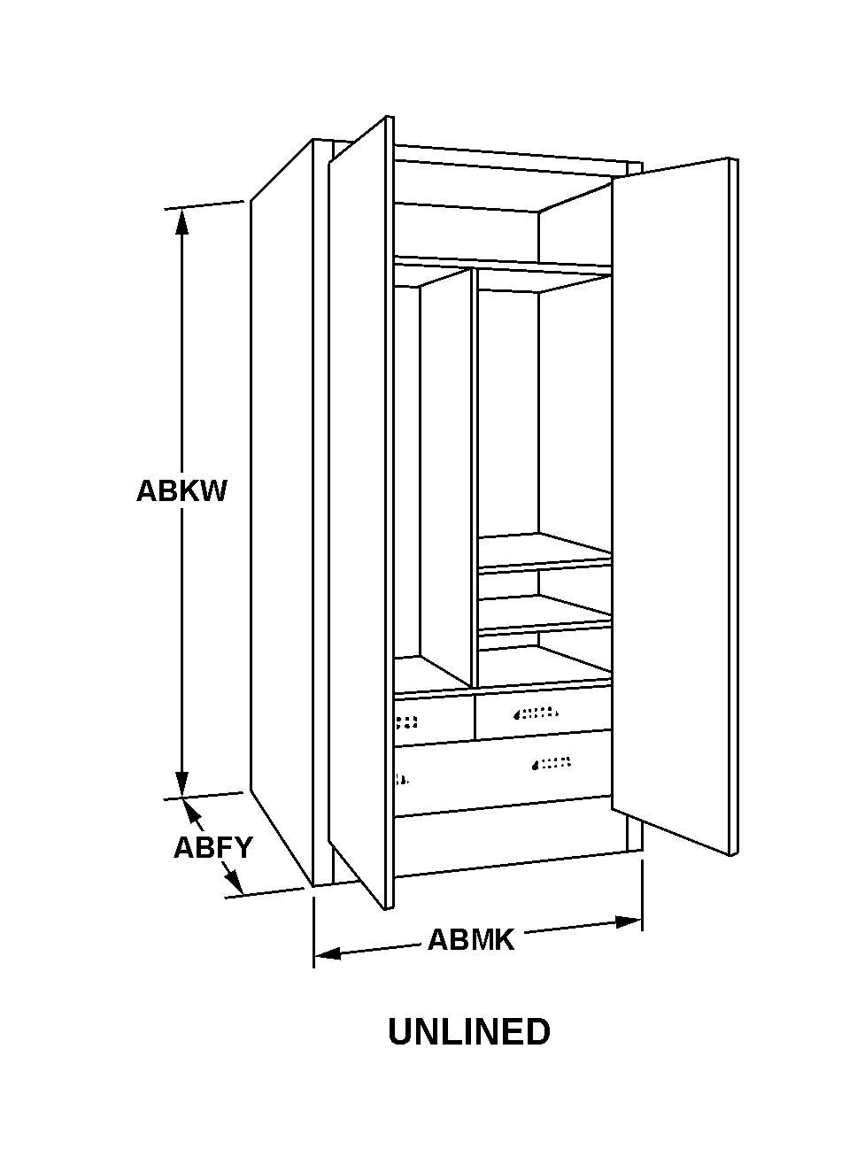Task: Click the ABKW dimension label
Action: pos(181,491)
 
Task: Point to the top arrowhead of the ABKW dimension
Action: pos(181,222)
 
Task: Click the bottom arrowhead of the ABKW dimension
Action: pos(181,784)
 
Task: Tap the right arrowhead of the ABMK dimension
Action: pos(629,922)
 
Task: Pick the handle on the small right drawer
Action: pos(537,713)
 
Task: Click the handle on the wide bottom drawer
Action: pos(551,763)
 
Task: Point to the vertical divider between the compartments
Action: pos(475,477)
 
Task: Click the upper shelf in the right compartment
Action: pos(545,552)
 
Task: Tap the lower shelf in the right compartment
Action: pos(545,613)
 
